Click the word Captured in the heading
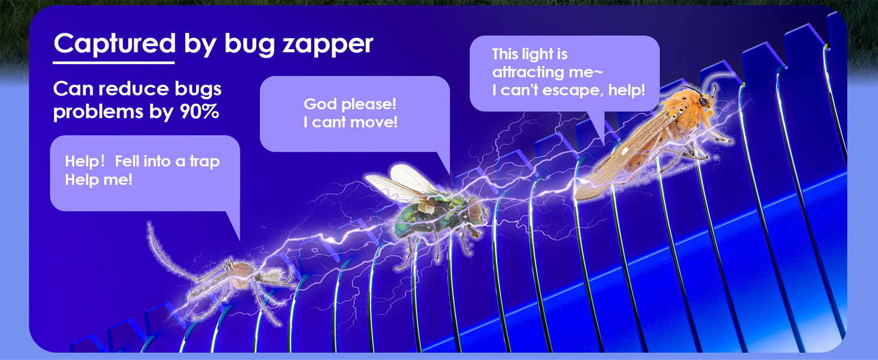pos(114,43)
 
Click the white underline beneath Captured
pos(113,62)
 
